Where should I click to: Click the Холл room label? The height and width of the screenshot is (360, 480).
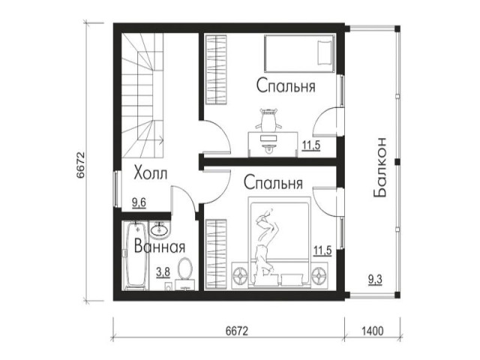[x=151, y=173]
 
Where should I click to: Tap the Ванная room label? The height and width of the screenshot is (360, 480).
[x=160, y=246]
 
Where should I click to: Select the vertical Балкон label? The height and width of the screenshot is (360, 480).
[x=380, y=167]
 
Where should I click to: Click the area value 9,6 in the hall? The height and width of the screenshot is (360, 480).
[x=139, y=202]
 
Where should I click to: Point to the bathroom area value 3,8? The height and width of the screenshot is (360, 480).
[x=163, y=271]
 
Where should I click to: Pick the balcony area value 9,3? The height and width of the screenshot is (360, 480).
[x=375, y=279]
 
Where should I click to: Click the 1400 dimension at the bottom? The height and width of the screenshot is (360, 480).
[x=373, y=331]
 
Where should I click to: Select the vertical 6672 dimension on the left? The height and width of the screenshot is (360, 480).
[x=80, y=164]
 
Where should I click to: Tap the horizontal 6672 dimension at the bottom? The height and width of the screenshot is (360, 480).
[x=236, y=331]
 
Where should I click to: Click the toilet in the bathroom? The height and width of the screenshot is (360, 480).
[x=185, y=272]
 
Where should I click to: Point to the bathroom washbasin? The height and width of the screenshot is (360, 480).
[x=159, y=229]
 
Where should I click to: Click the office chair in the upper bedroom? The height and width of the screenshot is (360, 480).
[x=268, y=119]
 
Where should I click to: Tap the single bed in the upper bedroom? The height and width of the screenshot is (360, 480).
[x=299, y=53]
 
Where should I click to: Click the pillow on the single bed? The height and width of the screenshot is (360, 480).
[x=325, y=52]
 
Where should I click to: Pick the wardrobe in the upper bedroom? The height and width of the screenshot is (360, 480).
[x=217, y=70]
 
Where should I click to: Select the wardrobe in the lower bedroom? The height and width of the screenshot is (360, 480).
[x=217, y=253]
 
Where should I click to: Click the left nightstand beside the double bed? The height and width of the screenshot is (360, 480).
[x=241, y=274]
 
